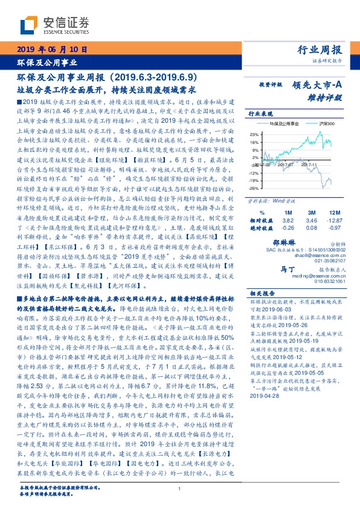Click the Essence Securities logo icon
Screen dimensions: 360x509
[29, 24]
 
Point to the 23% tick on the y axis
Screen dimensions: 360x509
[254, 134]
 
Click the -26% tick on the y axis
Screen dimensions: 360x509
[254, 187]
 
